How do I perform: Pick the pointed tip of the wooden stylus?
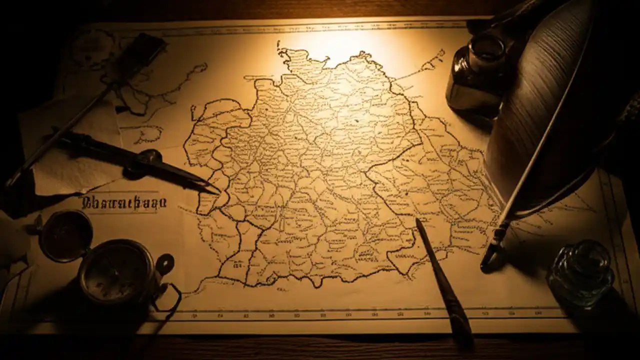(418, 221)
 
